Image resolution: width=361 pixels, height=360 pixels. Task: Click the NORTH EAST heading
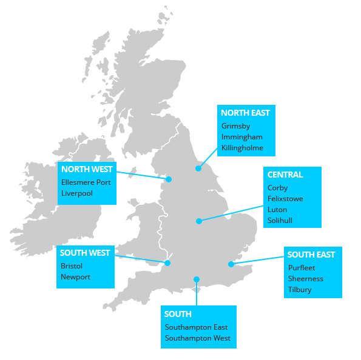coord(245,113)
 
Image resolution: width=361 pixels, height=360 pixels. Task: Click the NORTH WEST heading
coord(87,169)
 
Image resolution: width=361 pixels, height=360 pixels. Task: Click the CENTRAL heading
coord(285,175)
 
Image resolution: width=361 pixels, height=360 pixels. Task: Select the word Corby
coord(277,188)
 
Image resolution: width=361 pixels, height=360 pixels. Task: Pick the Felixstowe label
coord(285,199)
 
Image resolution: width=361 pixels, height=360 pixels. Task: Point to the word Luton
coord(277,210)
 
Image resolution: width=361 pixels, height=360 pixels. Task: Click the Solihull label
coord(280,221)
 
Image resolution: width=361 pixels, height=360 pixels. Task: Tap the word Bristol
coord(72,266)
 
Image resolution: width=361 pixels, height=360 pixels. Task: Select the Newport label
coord(75,277)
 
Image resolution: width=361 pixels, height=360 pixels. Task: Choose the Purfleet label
coord(302,267)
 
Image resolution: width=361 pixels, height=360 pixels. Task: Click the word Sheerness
coord(306,279)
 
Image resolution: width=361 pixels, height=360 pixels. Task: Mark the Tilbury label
coord(300,290)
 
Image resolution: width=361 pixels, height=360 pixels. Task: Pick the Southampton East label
coord(196,327)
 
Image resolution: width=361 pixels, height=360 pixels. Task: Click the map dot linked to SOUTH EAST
coord(231,264)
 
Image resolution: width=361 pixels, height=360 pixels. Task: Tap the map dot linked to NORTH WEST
coord(169,179)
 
